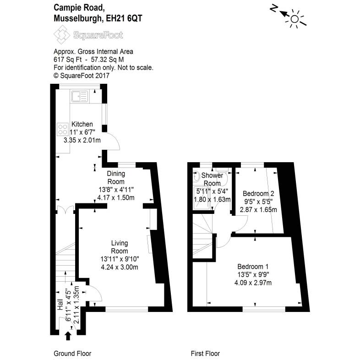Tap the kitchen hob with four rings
[x=62, y=129]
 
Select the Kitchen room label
[x=82, y=124]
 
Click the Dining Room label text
[x=116, y=178]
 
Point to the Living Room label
[x=120, y=247]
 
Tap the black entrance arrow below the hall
[x=68, y=336]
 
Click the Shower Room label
[x=212, y=179]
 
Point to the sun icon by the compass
[x=295, y=19]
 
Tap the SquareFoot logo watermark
[x=88, y=34]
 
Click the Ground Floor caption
[x=72, y=354]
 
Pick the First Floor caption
[x=205, y=354]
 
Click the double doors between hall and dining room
[x=65, y=210]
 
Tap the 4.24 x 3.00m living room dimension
[x=120, y=267]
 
